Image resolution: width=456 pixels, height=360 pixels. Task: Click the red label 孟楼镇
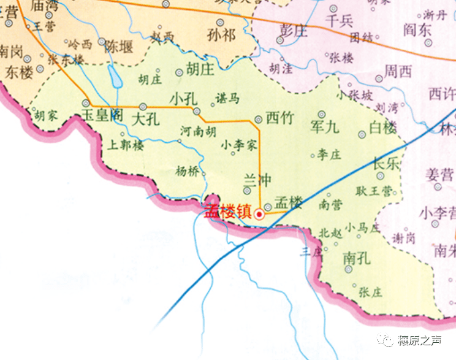(x=228, y=213)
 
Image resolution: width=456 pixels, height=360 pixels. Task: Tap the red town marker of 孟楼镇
(x=260, y=214)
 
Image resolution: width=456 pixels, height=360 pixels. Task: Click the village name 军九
(x=324, y=128)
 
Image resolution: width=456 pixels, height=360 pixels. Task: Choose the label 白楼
(x=384, y=127)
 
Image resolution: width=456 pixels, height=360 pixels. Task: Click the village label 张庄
(x=370, y=292)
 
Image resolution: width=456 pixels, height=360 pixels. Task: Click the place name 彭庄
(x=293, y=29)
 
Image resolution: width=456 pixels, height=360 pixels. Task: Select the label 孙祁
(x=221, y=34)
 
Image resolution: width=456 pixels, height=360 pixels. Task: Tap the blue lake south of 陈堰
(x=114, y=77)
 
